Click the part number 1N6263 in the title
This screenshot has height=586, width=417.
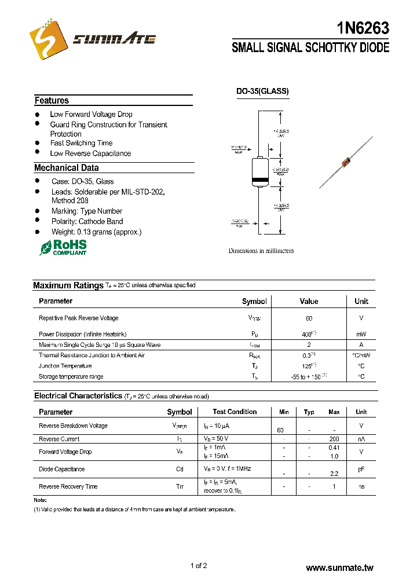(363, 28)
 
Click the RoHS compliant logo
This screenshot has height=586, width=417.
(63, 247)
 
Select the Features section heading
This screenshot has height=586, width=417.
(52, 101)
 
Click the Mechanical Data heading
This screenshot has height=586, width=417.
(66, 168)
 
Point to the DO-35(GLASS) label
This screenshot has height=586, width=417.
(262, 91)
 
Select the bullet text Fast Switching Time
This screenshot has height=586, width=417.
(81, 143)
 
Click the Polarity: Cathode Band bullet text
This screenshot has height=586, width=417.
(87, 221)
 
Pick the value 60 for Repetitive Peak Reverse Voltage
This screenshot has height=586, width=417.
(309, 318)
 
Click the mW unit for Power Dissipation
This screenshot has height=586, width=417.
(361, 335)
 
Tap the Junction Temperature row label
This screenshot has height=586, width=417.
(65, 366)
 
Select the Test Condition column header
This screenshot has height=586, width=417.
(235, 412)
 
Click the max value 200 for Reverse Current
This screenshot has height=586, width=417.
(334, 439)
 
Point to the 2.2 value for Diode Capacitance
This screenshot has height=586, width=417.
(334, 474)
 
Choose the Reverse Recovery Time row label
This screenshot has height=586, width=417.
(68, 486)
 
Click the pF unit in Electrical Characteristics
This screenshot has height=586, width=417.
(361, 469)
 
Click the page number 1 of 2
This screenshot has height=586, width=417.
(199, 566)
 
